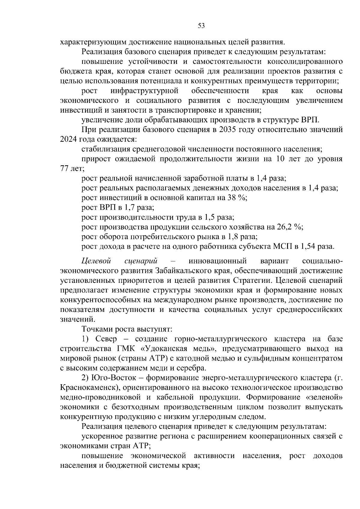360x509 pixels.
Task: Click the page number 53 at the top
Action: pos(201,26)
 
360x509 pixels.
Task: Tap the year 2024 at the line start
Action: pos(68,139)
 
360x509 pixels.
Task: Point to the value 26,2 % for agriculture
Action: pos(289,227)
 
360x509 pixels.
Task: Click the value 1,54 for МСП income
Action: pos(308,247)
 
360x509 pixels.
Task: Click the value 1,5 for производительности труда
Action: pos(211,217)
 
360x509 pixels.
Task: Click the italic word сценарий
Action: pos(141,260)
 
